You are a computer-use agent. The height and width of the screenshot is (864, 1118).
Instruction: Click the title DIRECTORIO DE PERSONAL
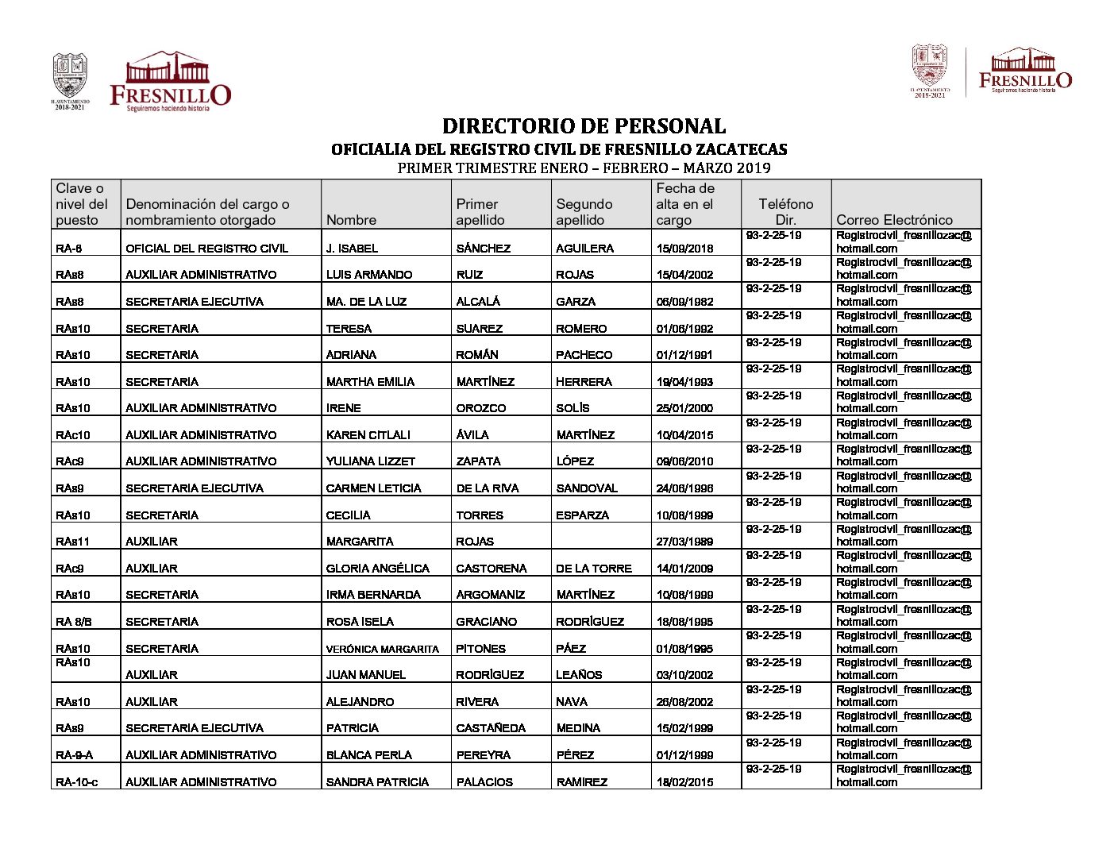[x=584, y=126]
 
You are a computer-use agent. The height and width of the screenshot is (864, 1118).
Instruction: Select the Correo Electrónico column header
[x=894, y=220]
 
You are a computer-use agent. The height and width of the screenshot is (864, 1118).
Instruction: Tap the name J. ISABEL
[x=352, y=249]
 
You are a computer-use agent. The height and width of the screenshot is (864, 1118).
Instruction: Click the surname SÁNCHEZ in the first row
[x=483, y=249]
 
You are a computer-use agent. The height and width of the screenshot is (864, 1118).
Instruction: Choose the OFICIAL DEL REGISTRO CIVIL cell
[x=206, y=249]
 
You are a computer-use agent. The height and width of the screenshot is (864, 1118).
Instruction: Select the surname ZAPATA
[x=478, y=461]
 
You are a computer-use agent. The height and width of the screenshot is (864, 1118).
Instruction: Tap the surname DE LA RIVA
[x=488, y=488]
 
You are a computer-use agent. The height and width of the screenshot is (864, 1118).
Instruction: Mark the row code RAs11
[x=72, y=542]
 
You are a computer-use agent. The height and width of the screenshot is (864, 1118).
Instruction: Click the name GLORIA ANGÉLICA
[x=377, y=569]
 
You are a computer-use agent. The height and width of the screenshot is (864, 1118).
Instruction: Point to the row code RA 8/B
[x=74, y=622]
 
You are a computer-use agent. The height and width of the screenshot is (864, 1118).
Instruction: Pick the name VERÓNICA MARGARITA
[x=382, y=649]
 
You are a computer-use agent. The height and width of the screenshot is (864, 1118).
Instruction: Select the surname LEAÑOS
[x=579, y=675]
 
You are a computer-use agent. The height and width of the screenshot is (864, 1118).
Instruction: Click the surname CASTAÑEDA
[x=491, y=728]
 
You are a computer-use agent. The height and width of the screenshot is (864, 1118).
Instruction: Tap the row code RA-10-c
[x=77, y=782]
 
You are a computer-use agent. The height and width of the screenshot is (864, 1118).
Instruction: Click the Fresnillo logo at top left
[x=170, y=82]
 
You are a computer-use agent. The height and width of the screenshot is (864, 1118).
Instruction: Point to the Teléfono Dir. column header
[x=785, y=212]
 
